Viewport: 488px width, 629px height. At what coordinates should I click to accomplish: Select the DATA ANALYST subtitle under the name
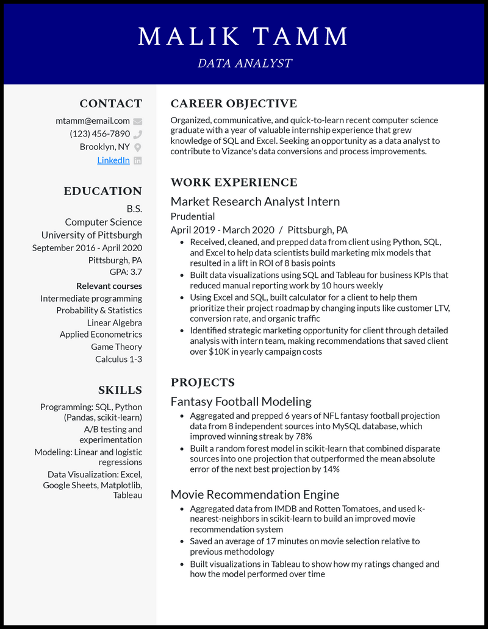tap(244, 63)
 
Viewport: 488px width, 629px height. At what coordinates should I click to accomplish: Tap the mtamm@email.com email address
tap(93, 121)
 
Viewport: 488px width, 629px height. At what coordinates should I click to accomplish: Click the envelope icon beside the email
tap(138, 121)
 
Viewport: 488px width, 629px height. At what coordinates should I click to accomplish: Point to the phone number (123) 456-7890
tap(100, 133)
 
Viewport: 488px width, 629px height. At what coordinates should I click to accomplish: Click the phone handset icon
tap(138, 134)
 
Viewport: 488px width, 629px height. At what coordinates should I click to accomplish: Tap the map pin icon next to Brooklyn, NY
tap(138, 147)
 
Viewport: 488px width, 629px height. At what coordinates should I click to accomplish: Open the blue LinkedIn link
tap(113, 160)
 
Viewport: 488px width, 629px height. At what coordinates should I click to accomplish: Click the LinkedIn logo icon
tap(138, 160)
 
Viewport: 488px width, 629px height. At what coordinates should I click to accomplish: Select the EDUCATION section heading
tap(102, 191)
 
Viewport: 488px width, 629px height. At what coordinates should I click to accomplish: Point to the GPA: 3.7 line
tap(126, 272)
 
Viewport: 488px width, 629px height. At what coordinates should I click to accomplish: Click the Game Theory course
tap(117, 347)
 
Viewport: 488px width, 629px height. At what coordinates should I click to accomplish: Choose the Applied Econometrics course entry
tap(101, 335)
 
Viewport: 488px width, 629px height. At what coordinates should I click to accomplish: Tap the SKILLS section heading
tap(120, 390)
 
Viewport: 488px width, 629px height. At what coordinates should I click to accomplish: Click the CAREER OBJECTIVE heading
tap(234, 104)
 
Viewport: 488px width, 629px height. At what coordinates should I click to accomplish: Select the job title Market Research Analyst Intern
tap(255, 201)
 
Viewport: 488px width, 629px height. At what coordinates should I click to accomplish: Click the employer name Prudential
tap(193, 216)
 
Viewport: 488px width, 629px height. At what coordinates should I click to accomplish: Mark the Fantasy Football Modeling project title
tap(241, 401)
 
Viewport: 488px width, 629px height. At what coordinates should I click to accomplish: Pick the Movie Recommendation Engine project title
tap(255, 494)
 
